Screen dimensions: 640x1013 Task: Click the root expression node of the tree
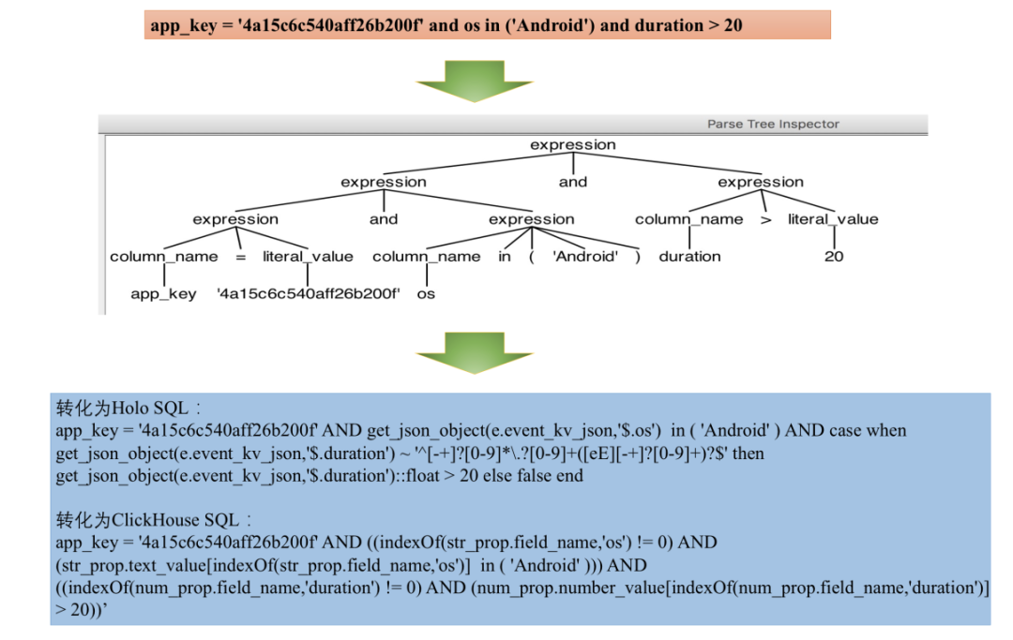[573, 145]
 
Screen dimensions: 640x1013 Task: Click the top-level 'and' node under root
[573, 182]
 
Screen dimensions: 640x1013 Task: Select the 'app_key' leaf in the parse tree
[163, 293]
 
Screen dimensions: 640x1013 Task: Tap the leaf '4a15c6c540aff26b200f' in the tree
[309, 293]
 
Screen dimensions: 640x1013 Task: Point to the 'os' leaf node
[426, 293]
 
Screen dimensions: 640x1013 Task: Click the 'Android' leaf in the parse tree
[585, 257]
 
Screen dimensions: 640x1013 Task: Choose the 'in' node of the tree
[505, 257]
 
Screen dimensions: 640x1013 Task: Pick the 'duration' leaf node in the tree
[689, 257]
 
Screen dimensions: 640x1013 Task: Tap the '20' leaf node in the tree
[834, 257]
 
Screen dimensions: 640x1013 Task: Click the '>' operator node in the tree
[766, 219]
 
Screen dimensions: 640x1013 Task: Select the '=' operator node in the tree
[240, 257]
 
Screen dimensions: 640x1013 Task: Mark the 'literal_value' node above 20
[833, 219]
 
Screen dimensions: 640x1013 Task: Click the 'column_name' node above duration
[689, 219]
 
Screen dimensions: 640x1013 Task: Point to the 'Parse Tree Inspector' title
[773, 124]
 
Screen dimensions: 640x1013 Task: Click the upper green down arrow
[475, 81]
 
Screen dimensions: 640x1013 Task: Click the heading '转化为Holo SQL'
[122, 409]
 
